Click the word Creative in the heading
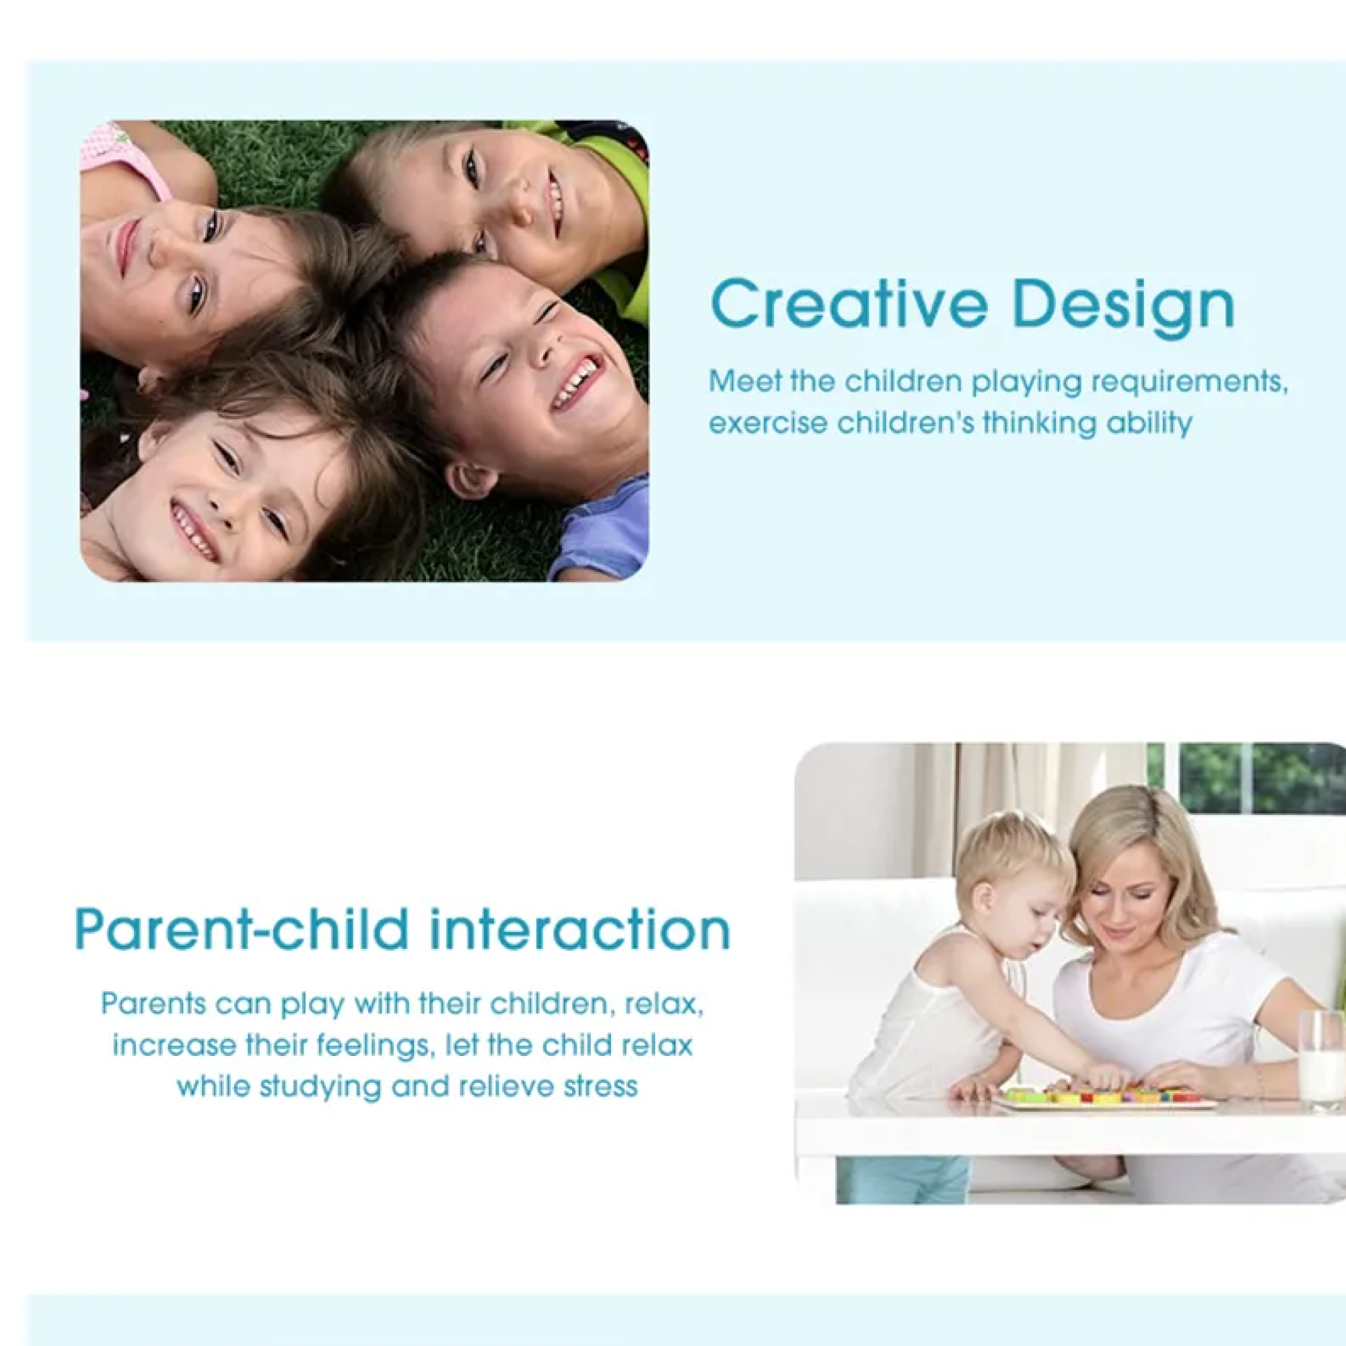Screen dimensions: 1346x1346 [849, 304]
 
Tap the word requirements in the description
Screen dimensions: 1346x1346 [1189, 383]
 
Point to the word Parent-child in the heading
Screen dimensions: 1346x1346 [242, 930]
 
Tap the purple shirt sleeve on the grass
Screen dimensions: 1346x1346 [599, 533]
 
